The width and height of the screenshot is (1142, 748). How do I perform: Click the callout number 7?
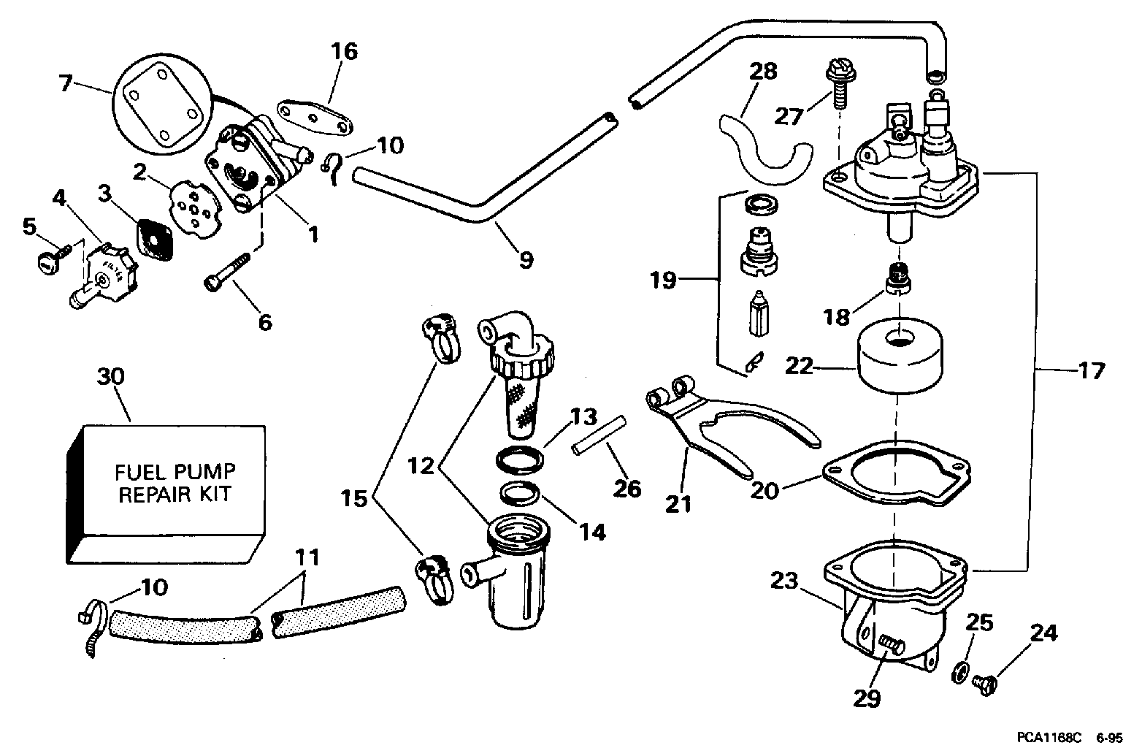65,83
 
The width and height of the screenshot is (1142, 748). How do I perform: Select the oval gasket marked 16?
315,118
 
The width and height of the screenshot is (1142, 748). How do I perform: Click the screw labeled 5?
54,256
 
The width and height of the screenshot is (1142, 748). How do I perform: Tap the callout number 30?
111,376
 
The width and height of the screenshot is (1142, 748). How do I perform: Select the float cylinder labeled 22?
900,356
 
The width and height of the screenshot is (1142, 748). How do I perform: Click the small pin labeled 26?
599,435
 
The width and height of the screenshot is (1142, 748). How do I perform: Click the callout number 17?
1091,370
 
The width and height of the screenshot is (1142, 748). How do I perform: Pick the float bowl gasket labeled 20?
896,473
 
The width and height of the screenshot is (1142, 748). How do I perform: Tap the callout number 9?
525,259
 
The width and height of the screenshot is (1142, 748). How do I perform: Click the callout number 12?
421,465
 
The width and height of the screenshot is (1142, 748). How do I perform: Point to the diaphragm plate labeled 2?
196,210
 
